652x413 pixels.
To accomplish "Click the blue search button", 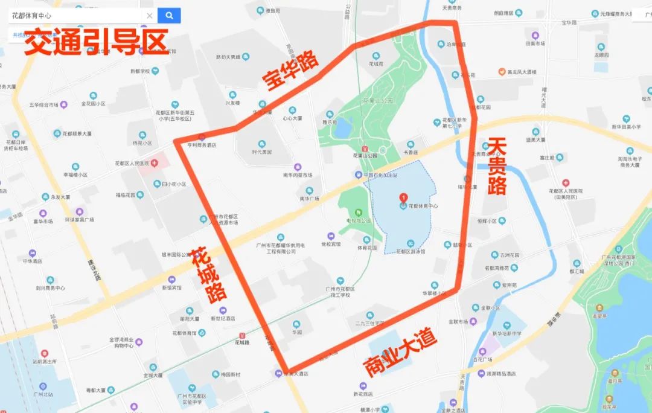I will click(169, 16).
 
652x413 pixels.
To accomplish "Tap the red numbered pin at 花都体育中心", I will click(403, 197).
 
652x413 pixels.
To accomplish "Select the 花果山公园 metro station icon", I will click(365, 149).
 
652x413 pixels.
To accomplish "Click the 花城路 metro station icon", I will click(242, 335).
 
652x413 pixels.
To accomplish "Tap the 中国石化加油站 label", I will click(384, 175).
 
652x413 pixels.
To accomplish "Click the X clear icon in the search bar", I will click(150, 16).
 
